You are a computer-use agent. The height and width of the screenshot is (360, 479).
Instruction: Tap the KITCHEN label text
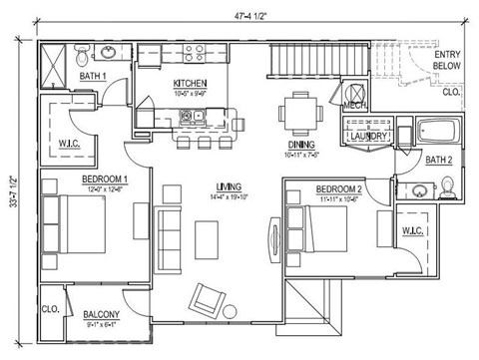pos(190,83)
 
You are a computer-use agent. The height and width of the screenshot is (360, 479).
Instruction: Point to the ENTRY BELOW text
pos(446,60)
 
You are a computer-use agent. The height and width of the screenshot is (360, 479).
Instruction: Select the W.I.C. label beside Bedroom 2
pos(414,231)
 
